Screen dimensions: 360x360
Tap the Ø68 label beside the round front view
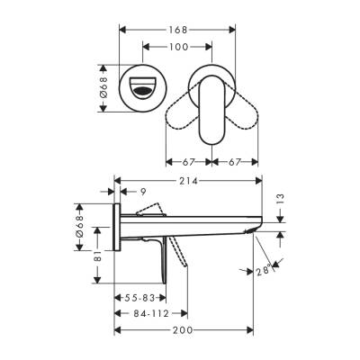point(106,88)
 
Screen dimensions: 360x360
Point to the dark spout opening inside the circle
point(144,88)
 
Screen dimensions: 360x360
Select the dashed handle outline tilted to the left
point(184,116)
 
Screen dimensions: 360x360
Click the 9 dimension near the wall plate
point(142,191)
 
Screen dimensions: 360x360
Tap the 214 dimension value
point(188,182)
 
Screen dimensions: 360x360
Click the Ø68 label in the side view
point(82,232)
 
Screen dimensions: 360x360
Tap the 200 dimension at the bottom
point(183,332)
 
